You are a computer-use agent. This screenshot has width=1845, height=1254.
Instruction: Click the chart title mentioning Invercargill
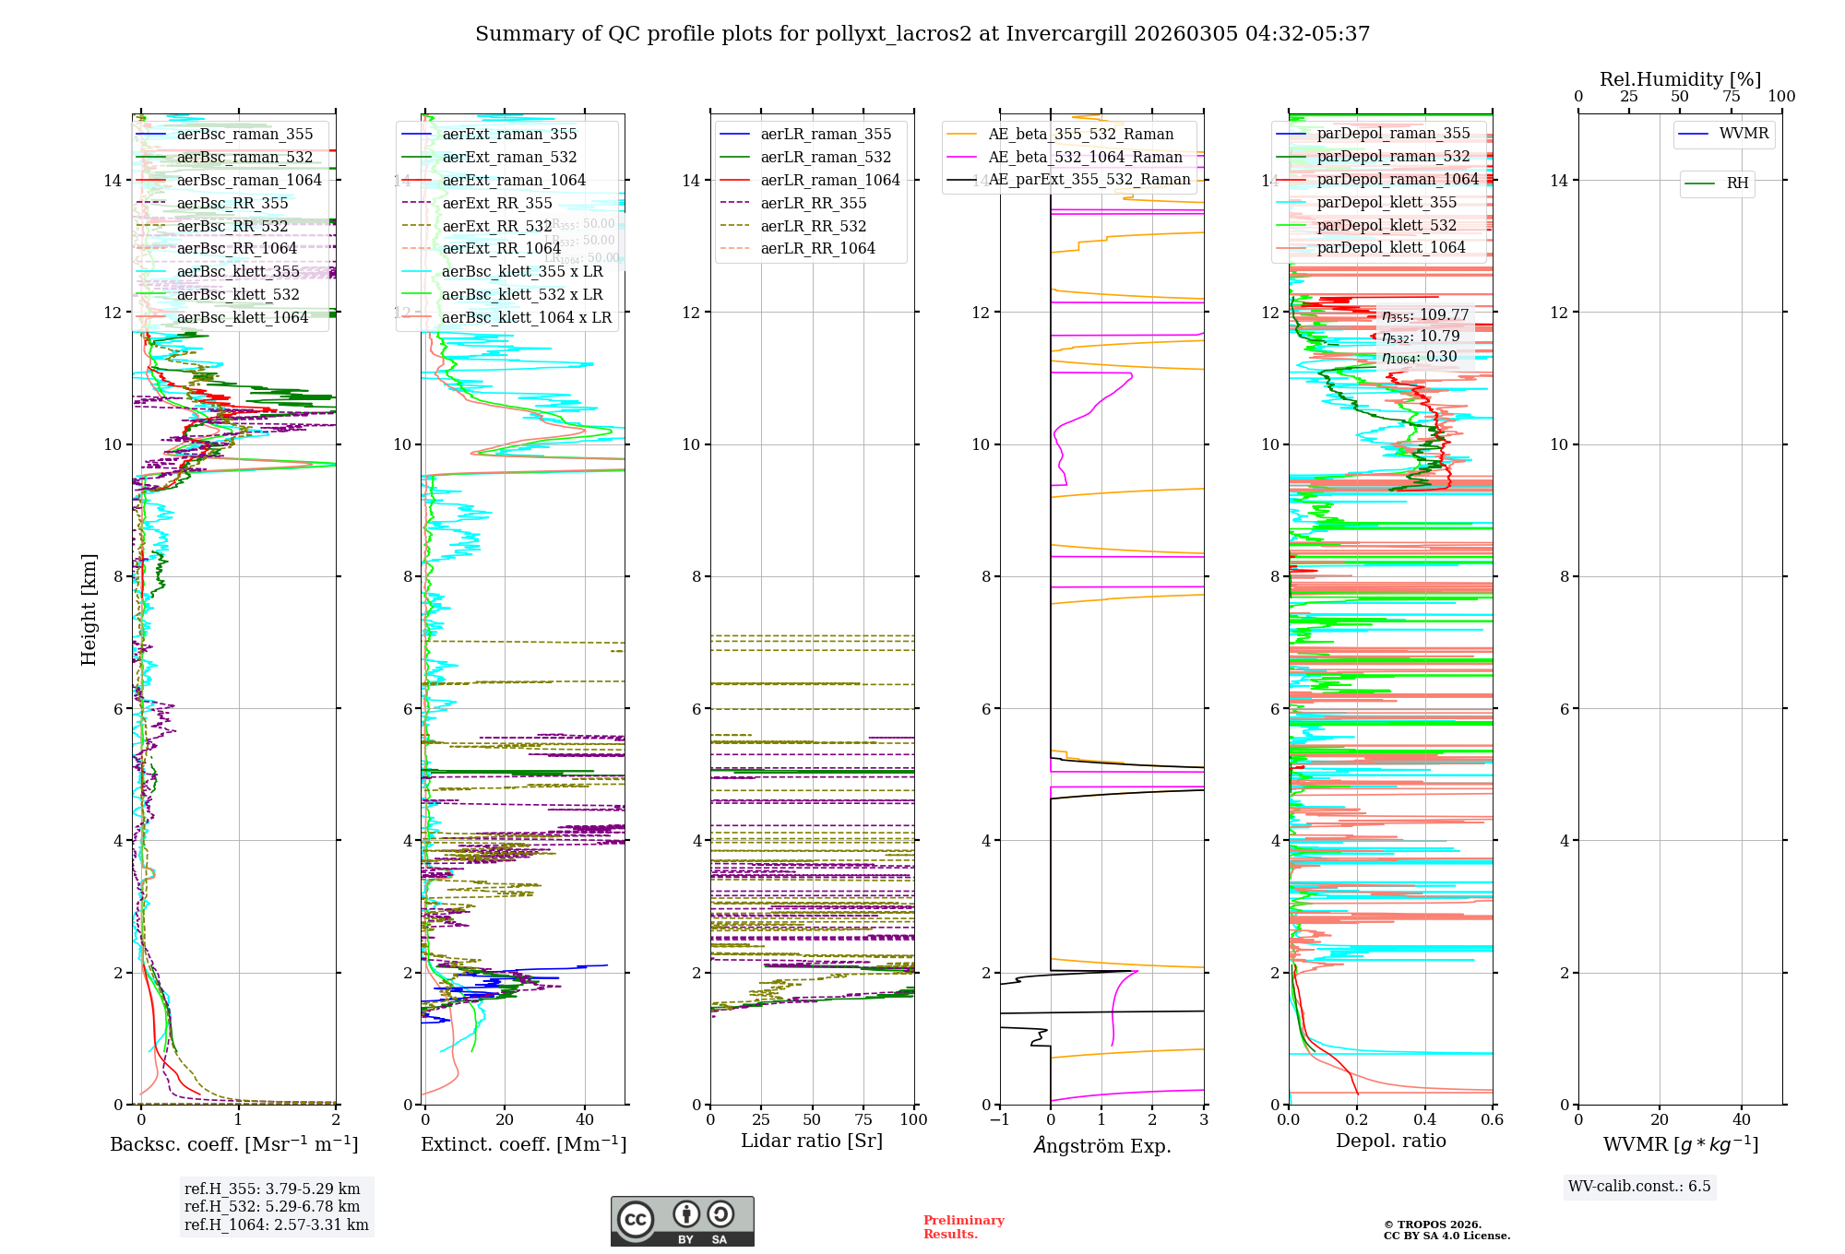[x=922, y=34]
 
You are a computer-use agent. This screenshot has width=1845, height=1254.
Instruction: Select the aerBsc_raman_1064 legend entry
[x=249, y=180]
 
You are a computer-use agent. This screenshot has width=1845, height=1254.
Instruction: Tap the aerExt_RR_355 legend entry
[x=497, y=203]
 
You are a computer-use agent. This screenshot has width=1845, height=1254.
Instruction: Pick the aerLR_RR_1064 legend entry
[x=817, y=248]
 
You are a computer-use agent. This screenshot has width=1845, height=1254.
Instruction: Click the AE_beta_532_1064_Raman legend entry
[x=1085, y=157]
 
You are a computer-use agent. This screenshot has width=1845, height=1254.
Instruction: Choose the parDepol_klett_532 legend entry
[x=1387, y=225]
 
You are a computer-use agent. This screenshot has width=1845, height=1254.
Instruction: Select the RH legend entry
[x=1737, y=183]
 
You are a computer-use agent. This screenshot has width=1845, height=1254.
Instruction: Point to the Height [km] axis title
[x=89, y=609]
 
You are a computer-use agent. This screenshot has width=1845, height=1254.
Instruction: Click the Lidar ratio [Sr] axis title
[x=812, y=1141]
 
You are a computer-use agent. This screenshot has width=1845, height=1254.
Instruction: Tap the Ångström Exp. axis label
[x=1101, y=1145]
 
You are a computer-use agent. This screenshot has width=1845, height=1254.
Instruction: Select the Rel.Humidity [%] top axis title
[x=1680, y=79]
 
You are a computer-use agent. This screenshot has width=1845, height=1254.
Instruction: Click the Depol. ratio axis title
[x=1390, y=1141]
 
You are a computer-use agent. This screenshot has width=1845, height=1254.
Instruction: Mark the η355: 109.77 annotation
[x=1425, y=315]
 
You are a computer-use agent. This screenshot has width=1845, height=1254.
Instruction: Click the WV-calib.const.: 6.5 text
[x=1639, y=1186]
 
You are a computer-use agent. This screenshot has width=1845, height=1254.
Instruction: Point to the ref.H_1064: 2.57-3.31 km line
[x=277, y=1224]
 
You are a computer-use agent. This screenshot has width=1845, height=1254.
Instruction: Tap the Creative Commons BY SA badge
[x=682, y=1221]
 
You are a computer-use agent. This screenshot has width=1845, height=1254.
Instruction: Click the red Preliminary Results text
[x=963, y=1226]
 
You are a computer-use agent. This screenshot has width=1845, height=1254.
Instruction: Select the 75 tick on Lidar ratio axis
[x=863, y=1119]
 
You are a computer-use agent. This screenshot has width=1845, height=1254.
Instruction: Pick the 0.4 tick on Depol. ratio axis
[x=1424, y=1119]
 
